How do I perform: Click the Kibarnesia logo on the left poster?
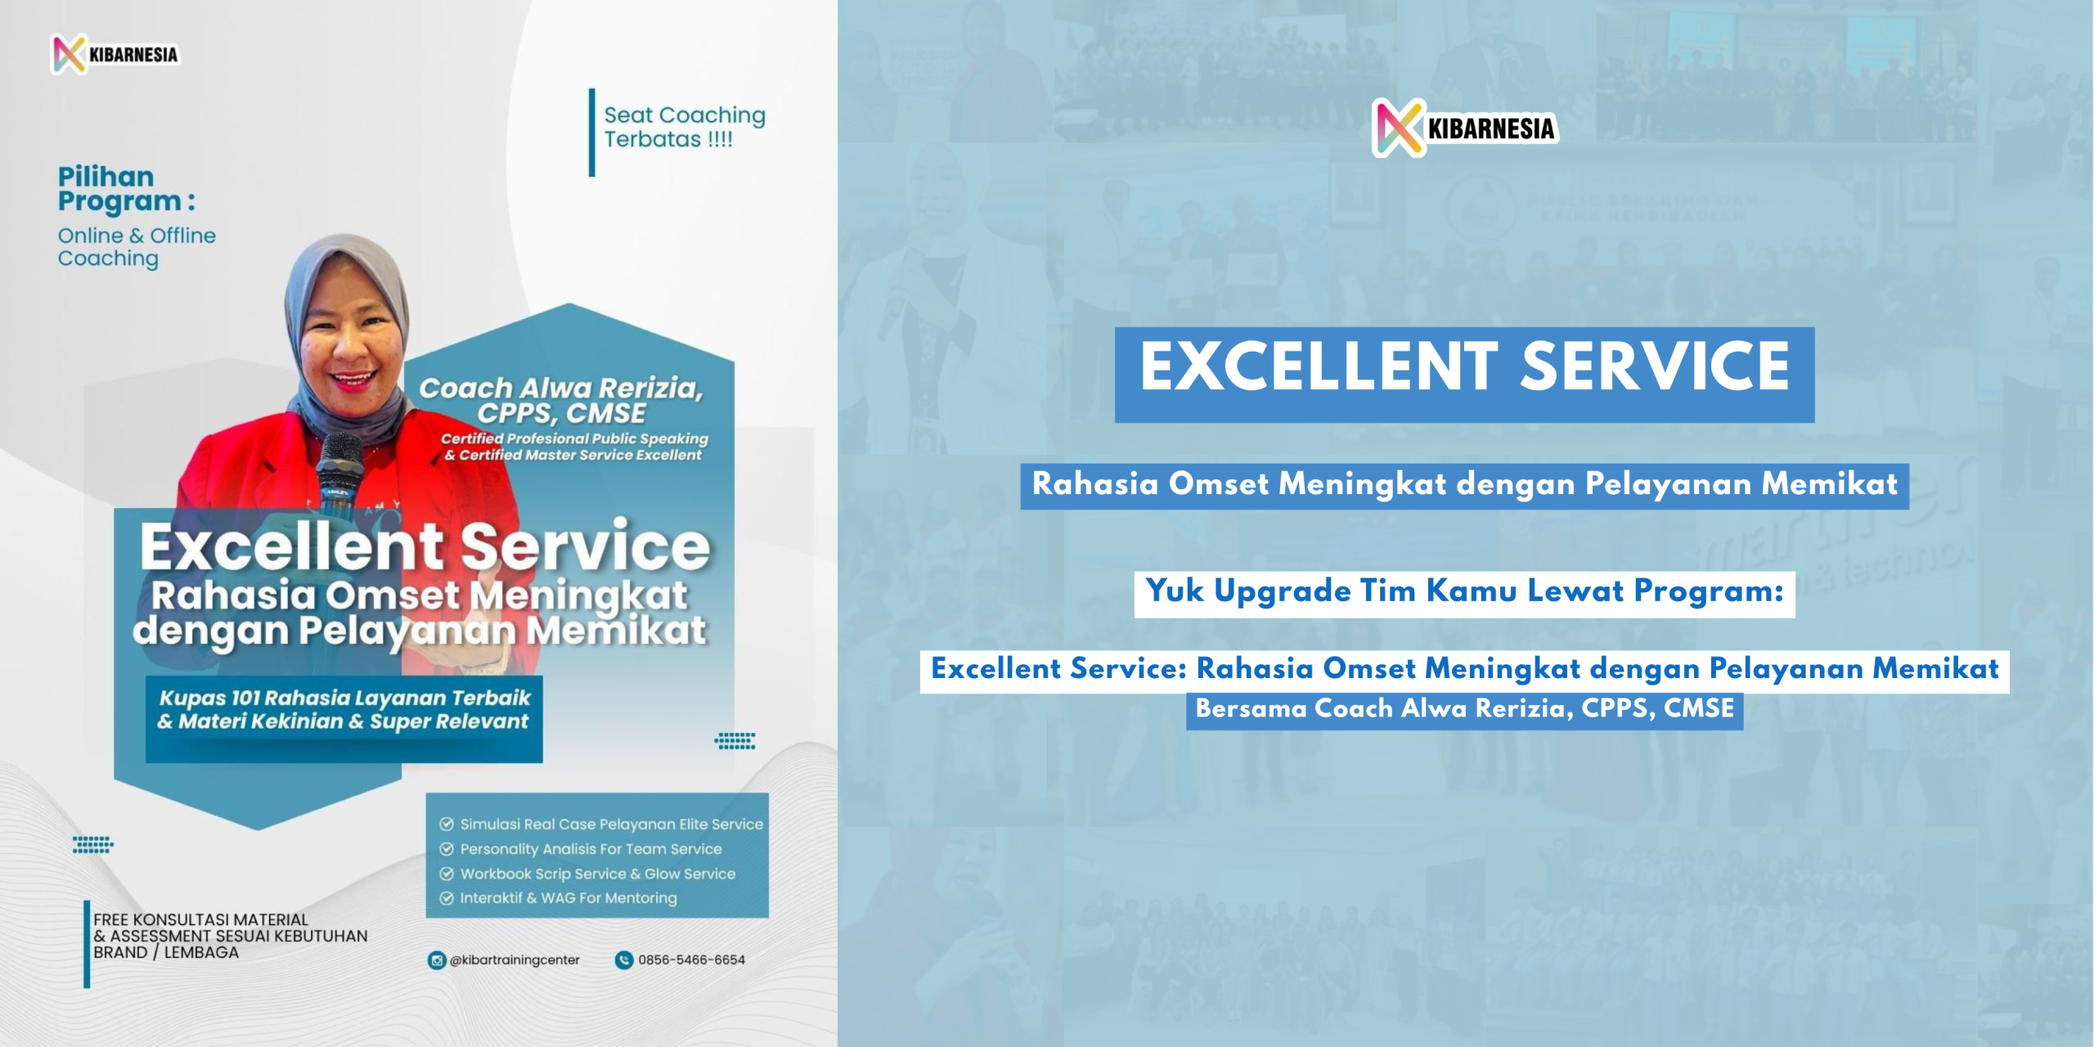(115, 55)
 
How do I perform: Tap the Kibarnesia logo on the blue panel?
(1465, 128)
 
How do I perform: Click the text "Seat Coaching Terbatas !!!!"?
(685, 127)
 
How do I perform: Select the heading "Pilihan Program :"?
(127, 189)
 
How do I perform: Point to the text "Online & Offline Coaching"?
(137, 247)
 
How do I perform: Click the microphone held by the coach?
(338, 474)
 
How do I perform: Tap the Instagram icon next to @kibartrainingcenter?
(437, 960)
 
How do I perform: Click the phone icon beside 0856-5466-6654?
(624, 960)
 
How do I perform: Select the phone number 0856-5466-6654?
(691, 960)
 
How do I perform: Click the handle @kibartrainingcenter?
(515, 960)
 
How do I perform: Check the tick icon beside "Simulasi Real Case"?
(447, 825)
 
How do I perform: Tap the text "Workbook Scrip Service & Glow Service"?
(598, 874)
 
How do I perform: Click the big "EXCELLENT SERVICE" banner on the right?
(1464, 375)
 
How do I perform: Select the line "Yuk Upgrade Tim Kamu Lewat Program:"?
(1464, 592)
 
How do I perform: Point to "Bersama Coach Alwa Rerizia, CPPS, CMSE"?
(1464, 709)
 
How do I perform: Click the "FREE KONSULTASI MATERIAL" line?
(200, 920)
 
